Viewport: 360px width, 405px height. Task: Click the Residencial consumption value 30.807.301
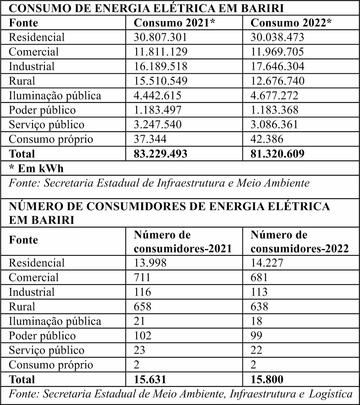click(161, 37)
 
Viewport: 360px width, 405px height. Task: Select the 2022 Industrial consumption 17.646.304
click(277, 66)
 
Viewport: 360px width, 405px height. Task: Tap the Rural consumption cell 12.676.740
click(277, 81)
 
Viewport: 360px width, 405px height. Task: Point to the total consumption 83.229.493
click(161, 154)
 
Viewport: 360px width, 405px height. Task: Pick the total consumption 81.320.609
click(277, 154)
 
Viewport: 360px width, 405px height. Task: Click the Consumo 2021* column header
click(175, 23)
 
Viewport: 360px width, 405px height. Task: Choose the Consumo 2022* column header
click(291, 23)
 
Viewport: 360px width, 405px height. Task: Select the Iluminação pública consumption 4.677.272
click(274, 95)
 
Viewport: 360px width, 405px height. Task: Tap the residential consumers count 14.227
click(267, 263)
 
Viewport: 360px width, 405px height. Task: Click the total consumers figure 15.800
click(267, 379)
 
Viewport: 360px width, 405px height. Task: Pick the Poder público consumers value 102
click(143, 336)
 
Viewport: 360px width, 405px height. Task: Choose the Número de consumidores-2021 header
click(183, 242)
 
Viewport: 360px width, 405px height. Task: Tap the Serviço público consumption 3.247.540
click(158, 125)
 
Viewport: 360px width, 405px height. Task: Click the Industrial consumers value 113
click(259, 292)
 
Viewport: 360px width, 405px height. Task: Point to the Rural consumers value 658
click(143, 307)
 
